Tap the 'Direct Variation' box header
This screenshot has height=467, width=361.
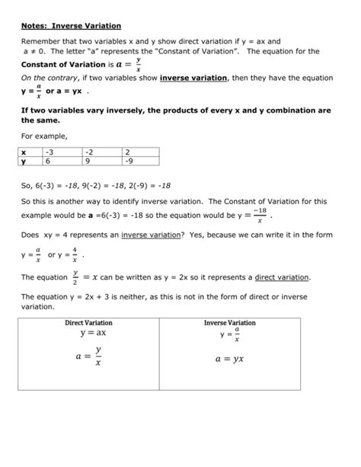coord(88,323)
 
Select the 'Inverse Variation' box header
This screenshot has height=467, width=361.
coord(229,323)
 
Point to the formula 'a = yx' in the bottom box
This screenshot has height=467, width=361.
coord(229,358)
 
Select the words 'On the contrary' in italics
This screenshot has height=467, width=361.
coord(46,78)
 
